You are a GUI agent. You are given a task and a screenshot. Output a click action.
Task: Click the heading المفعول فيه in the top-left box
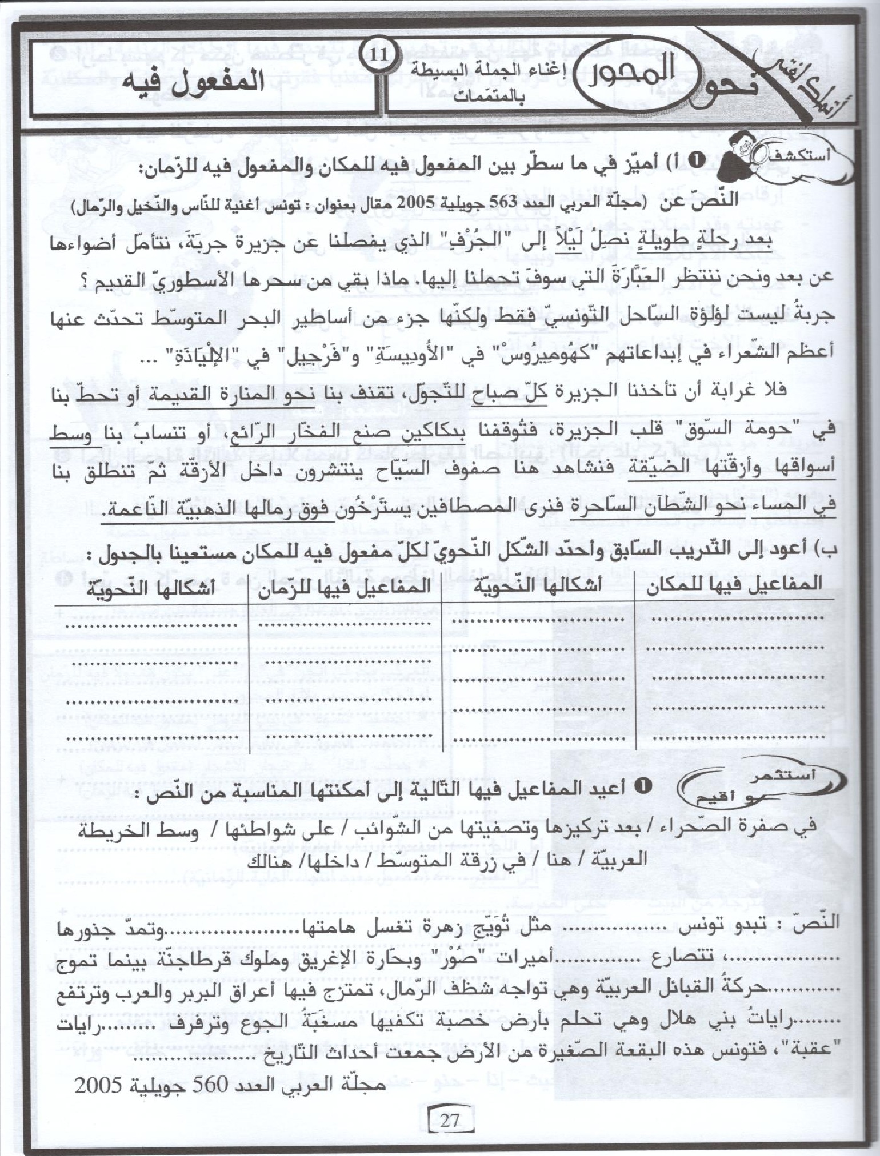195,82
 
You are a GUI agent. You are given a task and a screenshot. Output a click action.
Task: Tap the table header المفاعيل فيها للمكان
734,584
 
